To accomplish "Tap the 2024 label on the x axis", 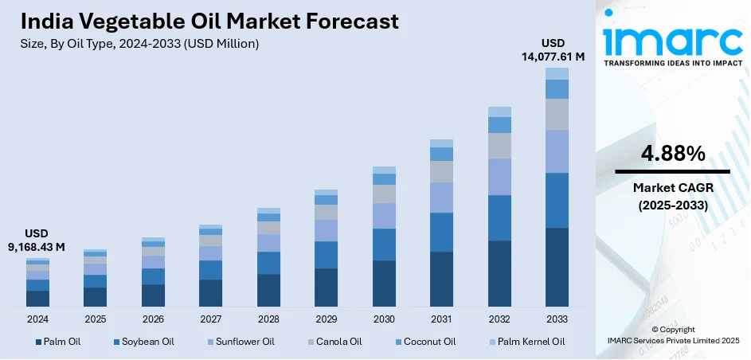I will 37,319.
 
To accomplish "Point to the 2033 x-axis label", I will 557,319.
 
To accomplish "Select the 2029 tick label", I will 326,319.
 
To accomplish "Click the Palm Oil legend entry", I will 57,342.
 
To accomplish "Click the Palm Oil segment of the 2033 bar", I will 557,267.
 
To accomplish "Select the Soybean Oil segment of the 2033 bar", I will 557,200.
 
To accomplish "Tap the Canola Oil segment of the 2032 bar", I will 499,146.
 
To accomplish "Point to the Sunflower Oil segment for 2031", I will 441,198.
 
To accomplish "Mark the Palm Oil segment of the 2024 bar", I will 37,299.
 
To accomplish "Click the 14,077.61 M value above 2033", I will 552,57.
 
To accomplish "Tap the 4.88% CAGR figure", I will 672,154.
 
